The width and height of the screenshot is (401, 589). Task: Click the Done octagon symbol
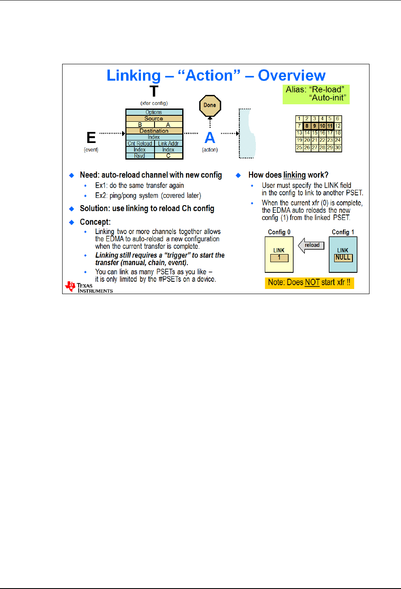[x=210, y=106]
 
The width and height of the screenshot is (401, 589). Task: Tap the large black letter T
[x=154, y=91]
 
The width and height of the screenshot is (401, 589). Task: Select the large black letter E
[x=91, y=138]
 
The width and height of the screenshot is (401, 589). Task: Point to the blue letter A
[x=210, y=138]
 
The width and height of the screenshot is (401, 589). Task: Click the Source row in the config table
[x=154, y=119]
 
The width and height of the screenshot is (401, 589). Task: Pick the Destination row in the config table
[x=154, y=131]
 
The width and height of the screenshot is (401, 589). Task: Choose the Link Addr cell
[x=169, y=143]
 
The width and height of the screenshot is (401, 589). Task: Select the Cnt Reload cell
[x=140, y=143]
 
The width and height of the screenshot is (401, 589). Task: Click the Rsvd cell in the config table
[x=140, y=156]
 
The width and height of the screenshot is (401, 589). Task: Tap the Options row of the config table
[x=154, y=112]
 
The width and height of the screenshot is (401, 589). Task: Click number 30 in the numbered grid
[x=338, y=148]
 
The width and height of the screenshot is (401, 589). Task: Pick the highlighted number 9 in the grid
[x=315, y=126]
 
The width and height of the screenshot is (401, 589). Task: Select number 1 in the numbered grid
[x=299, y=119]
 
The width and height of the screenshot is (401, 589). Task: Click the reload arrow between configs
[x=311, y=246]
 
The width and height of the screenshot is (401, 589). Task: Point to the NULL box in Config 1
[x=343, y=257]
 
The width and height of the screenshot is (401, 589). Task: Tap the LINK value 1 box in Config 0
[x=279, y=257]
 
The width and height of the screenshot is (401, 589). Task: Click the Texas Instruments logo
[x=89, y=288]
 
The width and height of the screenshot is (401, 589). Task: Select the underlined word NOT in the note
[x=312, y=283]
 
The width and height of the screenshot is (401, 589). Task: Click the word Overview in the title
[x=292, y=75]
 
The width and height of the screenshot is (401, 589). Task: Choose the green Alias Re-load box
[x=316, y=94]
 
